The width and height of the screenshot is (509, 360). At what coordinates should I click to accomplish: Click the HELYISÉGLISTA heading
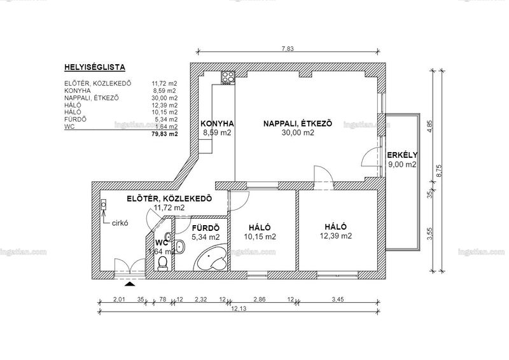[x=95, y=67]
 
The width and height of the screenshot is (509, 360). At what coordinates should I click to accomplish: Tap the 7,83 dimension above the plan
[x=288, y=49]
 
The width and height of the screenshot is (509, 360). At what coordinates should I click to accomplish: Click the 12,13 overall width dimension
[x=239, y=308]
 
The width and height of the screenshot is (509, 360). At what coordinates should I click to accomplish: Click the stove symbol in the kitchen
[x=228, y=78]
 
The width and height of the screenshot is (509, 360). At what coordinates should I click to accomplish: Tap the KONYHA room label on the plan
[x=217, y=123]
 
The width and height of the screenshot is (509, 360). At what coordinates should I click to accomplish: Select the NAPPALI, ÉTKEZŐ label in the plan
[x=298, y=123]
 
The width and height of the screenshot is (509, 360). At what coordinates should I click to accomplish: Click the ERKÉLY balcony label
[x=403, y=155]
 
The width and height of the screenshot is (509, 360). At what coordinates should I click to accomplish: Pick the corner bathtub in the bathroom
[x=211, y=257]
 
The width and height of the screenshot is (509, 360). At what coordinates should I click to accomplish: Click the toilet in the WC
[x=162, y=263]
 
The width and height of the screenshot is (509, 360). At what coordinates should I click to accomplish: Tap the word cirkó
[x=120, y=223]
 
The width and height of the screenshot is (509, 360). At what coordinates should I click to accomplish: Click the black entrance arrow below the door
[x=130, y=284]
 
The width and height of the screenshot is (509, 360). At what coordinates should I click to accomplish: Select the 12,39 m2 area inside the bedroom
[x=336, y=236]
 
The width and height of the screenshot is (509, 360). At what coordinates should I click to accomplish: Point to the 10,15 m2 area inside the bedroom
[x=260, y=237]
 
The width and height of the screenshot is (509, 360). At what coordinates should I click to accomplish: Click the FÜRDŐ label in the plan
[x=206, y=228]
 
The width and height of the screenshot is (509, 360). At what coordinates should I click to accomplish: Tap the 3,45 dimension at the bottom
[x=338, y=300]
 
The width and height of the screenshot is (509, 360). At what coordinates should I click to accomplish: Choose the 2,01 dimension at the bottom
[x=119, y=300]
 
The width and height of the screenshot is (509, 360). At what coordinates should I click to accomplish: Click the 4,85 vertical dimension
[x=430, y=127]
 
